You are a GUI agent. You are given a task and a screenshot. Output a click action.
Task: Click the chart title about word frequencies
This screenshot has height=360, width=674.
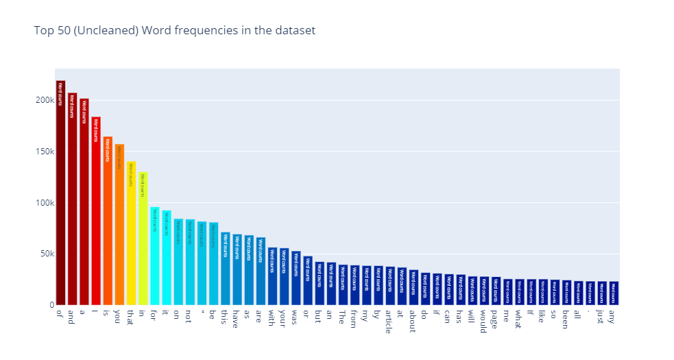pyautogui.click(x=174, y=31)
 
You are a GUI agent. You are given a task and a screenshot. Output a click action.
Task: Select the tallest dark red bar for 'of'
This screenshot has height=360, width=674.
pyautogui.click(x=60, y=193)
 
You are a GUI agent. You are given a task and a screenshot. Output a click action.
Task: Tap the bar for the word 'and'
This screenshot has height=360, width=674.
pyautogui.click(x=72, y=199)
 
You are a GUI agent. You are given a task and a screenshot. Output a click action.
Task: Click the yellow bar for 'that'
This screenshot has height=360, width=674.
pyautogui.click(x=131, y=233)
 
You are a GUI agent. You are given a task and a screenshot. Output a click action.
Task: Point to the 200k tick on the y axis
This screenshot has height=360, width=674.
pyautogui.click(x=45, y=100)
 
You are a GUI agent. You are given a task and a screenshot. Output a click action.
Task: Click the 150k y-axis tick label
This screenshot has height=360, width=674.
pyautogui.click(x=45, y=152)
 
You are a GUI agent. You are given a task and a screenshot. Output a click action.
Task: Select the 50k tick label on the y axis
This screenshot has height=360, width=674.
pyautogui.click(x=47, y=254)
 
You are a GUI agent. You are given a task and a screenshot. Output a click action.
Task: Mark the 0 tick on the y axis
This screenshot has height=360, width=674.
pyautogui.click(x=51, y=305)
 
